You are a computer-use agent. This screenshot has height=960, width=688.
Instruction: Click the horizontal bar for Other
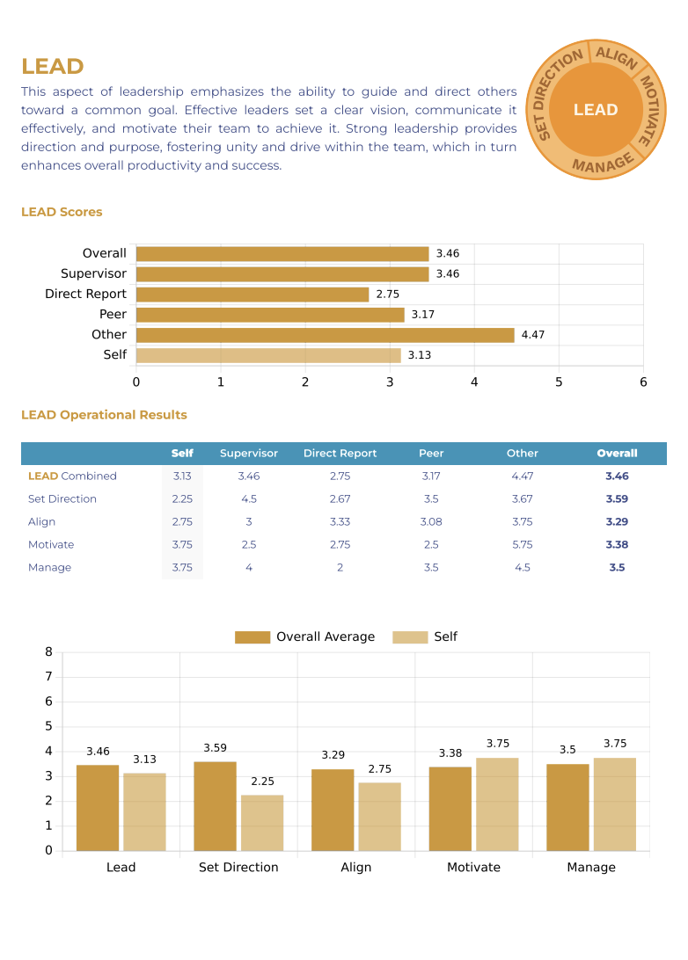[x=325, y=335]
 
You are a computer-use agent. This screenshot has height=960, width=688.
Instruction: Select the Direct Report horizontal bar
[x=253, y=295]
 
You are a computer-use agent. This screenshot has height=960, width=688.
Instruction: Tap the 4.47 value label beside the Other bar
[x=533, y=335]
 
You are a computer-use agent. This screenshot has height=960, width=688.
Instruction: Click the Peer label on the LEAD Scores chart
[x=113, y=314]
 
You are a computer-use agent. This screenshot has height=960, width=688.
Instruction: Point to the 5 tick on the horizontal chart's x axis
[x=559, y=382]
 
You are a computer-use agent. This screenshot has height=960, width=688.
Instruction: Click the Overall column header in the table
[x=617, y=454]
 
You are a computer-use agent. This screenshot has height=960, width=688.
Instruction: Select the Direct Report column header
[x=340, y=454]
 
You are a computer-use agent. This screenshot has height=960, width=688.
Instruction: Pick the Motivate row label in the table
[x=51, y=545]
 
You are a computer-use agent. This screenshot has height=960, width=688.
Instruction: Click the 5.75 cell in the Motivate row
[x=522, y=545]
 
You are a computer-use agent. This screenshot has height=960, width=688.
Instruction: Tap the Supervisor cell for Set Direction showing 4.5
[x=249, y=499]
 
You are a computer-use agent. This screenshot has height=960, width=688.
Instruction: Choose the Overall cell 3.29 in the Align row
[x=617, y=522]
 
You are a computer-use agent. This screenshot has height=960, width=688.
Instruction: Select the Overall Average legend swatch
[x=253, y=637]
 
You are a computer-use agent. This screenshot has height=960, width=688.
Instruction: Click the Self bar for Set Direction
[x=262, y=823]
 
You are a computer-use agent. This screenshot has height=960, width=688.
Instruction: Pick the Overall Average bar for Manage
[x=567, y=807]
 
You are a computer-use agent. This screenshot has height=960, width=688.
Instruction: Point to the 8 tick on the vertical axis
[x=49, y=652]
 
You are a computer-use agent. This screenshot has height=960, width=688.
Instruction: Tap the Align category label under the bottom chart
[x=356, y=868]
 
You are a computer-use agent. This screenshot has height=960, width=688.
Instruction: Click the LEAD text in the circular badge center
[x=596, y=110]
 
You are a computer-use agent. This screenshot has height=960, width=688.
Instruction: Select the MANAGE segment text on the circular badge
[x=603, y=163]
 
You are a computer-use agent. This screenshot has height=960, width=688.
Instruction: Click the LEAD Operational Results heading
[x=104, y=415]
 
